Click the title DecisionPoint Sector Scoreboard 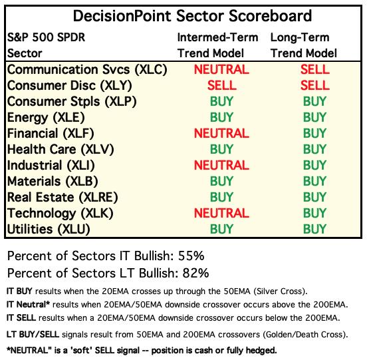(x=192, y=16)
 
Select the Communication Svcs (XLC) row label (x=87, y=70)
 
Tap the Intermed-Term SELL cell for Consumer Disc (x=221, y=85)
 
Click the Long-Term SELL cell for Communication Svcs (x=315, y=69)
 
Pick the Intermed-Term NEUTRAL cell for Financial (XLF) (x=221, y=133)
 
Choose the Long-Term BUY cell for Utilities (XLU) (x=314, y=229)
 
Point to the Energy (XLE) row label (x=46, y=118)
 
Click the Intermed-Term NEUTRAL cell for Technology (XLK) (x=221, y=213)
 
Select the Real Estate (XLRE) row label (x=62, y=198)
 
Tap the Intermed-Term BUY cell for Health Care (x=221, y=149)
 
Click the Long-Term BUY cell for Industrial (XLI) (x=314, y=165)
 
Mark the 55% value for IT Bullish (x=191, y=256)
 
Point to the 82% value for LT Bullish (x=195, y=273)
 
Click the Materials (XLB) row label (x=53, y=182)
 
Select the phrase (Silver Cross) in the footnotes (x=281, y=291)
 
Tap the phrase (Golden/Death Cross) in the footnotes (x=305, y=335)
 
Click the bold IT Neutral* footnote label (x=28, y=305)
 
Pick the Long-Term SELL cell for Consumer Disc (x=315, y=85)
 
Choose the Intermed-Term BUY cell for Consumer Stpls (x=221, y=101)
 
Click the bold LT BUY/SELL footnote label (x=33, y=335)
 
